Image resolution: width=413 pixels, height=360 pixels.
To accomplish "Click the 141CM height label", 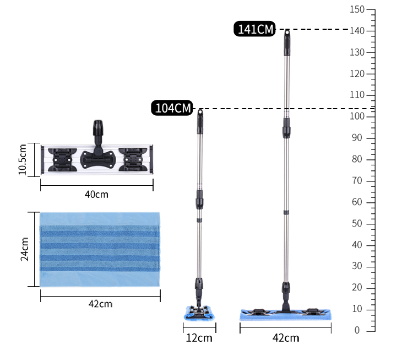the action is [254, 29].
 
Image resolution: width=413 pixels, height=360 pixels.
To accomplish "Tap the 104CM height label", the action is [172, 108].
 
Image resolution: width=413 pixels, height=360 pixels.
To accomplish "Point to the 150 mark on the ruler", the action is [357, 9].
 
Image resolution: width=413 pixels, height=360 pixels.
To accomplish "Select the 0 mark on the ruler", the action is [357, 330].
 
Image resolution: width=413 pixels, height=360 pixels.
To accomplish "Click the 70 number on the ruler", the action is [357, 181].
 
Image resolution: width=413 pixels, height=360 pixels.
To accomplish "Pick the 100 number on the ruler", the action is [357, 116].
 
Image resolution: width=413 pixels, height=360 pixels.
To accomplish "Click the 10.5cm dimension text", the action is [23, 159].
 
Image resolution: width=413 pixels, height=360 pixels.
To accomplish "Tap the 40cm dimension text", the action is [96, 195].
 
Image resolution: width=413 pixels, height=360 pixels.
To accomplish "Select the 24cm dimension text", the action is [24, 249].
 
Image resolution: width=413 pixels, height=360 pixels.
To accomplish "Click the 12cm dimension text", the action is [199, 338].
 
